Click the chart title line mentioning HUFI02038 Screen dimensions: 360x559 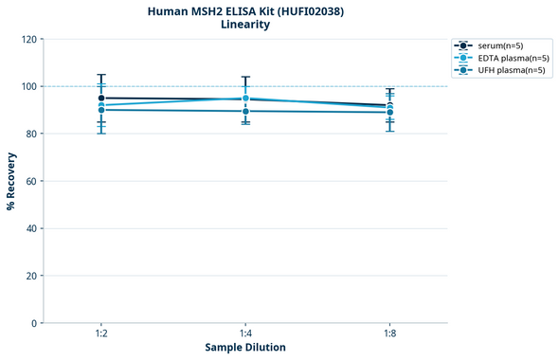click(x=245, y=10)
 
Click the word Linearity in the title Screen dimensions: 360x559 click(x=245, y=25)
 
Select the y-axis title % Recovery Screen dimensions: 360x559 click(x=11, y=181)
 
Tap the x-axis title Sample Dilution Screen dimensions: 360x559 click(x=245, y=348)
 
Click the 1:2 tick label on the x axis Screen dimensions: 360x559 click(x=101, y=334)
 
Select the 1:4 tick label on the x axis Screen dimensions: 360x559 click(x=245, y=334)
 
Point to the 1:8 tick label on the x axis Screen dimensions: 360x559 click(x=389, y=334)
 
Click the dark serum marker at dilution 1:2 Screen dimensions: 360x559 click(x=101, y=99)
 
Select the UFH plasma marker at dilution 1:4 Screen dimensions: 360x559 click(x=245, y=111)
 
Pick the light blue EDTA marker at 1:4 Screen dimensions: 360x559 click(x=245, y=98)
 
